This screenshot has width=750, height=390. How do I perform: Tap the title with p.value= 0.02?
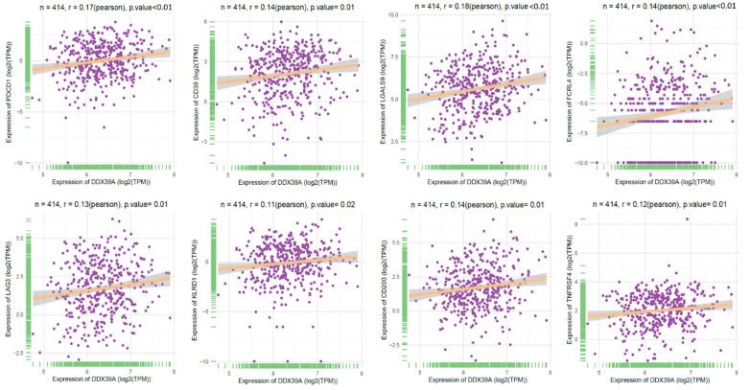281,204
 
